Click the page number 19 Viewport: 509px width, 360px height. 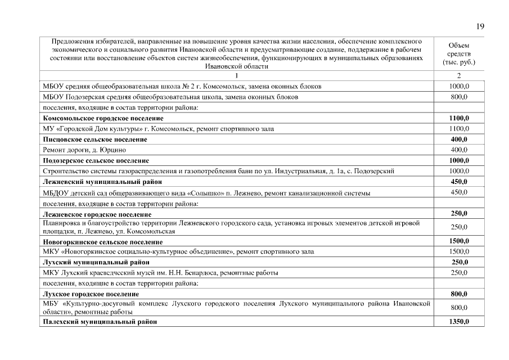480,26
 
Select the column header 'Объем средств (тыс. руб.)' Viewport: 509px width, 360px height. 459,53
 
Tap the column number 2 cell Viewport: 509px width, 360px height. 459,75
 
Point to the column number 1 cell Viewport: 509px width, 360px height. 236,75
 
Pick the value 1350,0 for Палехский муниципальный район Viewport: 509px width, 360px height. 459,321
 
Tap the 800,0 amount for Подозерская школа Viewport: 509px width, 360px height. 459,97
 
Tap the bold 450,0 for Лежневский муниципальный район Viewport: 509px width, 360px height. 459,182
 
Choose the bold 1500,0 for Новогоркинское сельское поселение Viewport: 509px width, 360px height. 459,241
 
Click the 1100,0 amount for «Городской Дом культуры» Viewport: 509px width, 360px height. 459,129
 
